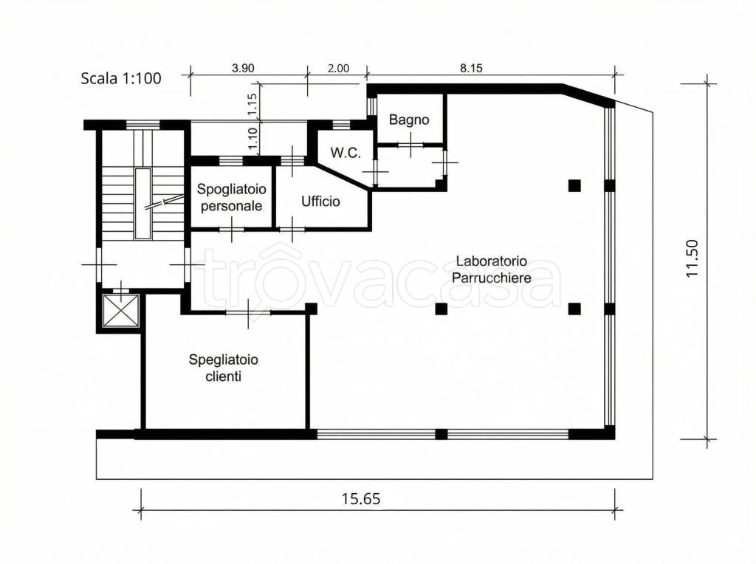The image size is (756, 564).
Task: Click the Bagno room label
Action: point(409,120)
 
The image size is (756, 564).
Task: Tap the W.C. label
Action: point(346,153)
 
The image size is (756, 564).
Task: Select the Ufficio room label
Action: point(320,201)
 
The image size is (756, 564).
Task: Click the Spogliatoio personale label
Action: point(231,197)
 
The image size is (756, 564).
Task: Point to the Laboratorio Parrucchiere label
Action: point(491,269)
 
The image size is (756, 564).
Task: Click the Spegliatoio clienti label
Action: point(223,368)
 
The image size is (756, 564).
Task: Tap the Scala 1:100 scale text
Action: point(121,78)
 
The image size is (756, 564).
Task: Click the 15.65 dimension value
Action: point(361,498)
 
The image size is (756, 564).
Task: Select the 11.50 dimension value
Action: point(692,258)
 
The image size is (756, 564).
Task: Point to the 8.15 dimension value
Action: point(471,68)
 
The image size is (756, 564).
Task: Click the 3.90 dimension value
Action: point(243,68)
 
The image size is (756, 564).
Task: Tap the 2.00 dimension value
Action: point(338,68)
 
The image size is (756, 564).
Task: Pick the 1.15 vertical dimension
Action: point(252,104)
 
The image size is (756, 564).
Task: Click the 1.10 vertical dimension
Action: point(252,137)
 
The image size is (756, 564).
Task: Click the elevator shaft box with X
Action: point(120,311)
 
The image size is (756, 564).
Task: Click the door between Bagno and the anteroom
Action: point(410,144)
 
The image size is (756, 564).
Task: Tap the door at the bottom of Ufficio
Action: point(292,229)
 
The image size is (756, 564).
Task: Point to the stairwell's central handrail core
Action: point(142,204)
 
